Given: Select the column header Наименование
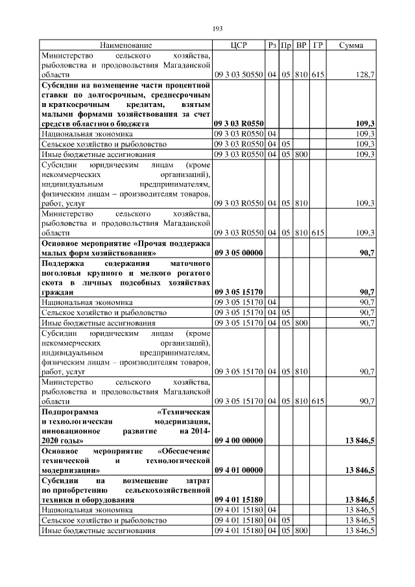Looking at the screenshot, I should (126, 45).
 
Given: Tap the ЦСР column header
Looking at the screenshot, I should (239, 45).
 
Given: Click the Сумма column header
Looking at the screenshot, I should (351, 45).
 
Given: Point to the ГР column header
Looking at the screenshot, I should (318, 45).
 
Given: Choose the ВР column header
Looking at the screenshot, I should (301, 45).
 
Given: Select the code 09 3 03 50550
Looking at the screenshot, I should (239, 75).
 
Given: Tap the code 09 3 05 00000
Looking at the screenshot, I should (238, 253).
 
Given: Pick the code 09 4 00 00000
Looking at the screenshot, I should (238, 441).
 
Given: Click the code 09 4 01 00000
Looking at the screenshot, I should (238, 470).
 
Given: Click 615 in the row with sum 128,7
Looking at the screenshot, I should (318, 75).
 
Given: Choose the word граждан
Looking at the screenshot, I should (58, 293).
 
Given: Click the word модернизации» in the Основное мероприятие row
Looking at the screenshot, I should (71, 470).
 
